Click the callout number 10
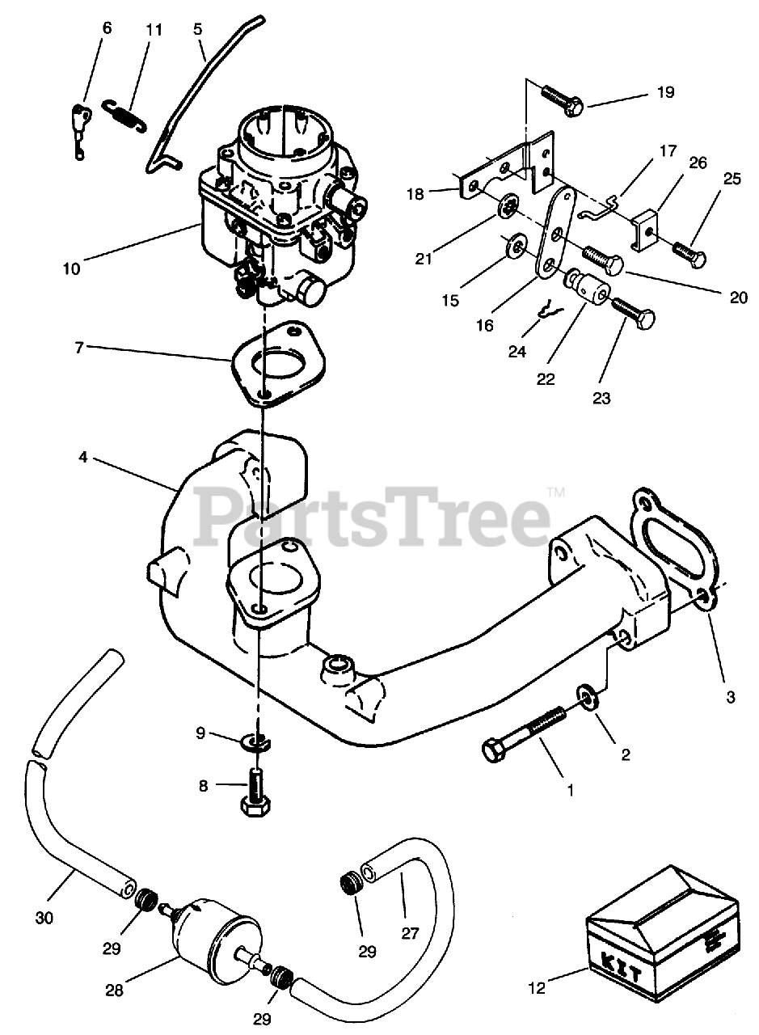(71, 269)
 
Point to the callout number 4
(83, 458)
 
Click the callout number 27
(410, 932)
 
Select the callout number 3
(730, 697)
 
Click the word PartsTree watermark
(374, 513)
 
